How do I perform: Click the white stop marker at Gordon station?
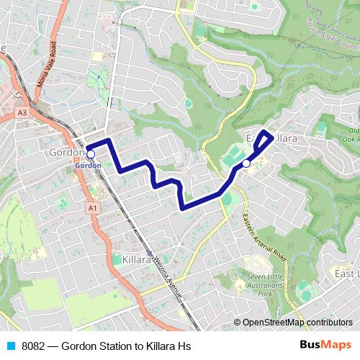pos(91,153)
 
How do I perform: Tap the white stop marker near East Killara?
pos(246,163)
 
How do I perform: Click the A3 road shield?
pos(23,113)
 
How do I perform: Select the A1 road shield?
pos(92,208)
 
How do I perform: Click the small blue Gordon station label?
pos(86,166)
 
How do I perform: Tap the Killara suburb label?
pos(136,258)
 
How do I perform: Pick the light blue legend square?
pos(11,346)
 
